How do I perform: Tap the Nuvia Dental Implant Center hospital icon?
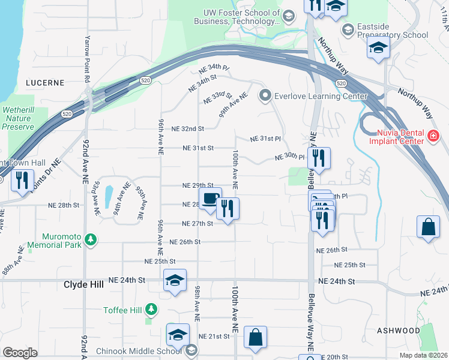[434, 137]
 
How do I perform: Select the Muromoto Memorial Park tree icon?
[91, 241]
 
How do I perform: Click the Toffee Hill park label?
[123, 310]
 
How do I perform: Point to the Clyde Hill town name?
[83, 285]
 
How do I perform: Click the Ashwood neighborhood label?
[399, 331]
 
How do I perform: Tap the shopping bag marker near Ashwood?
[428, 227]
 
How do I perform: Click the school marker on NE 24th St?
[175, 280]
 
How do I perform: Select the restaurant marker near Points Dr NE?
[22, 181]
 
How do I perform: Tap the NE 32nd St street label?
[188, 129]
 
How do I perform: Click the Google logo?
[20, 353]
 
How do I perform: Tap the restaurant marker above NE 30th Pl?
[319, 158]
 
